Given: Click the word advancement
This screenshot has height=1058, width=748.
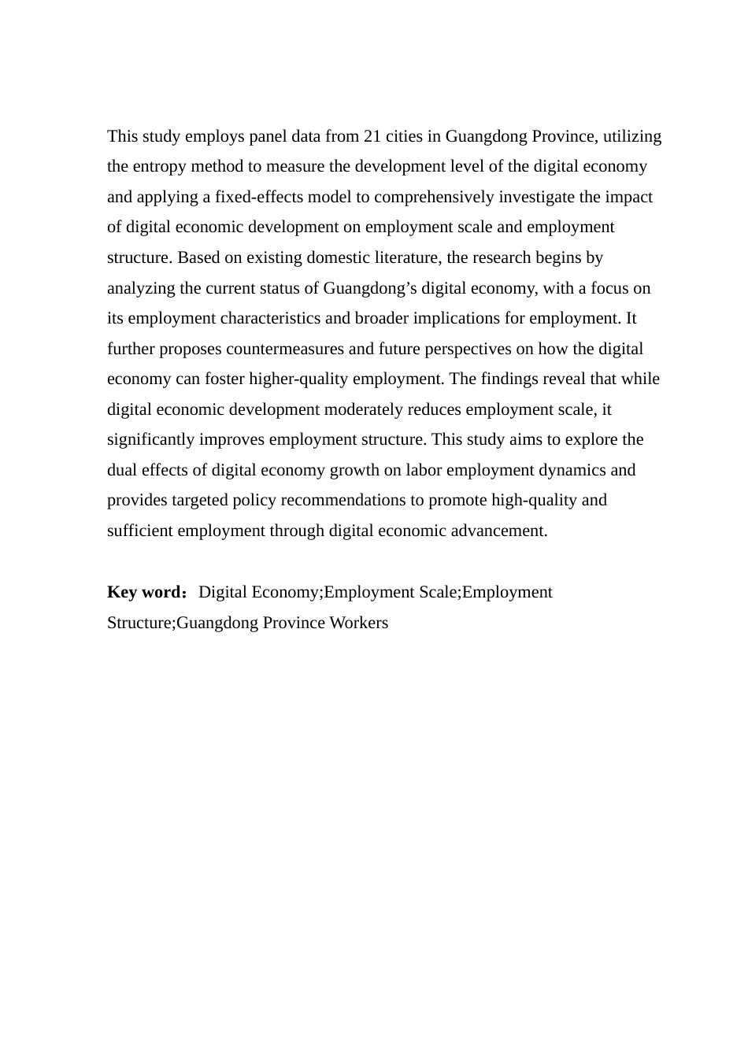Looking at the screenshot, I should [500, 531].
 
